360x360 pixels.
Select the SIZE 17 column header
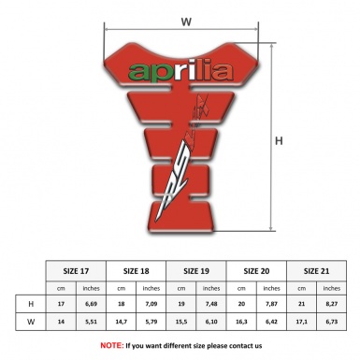coord(78,269)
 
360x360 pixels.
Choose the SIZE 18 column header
coord(137,269)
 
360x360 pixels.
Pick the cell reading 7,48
coord(212,305)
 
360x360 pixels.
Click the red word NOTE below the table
coord(111,345)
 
